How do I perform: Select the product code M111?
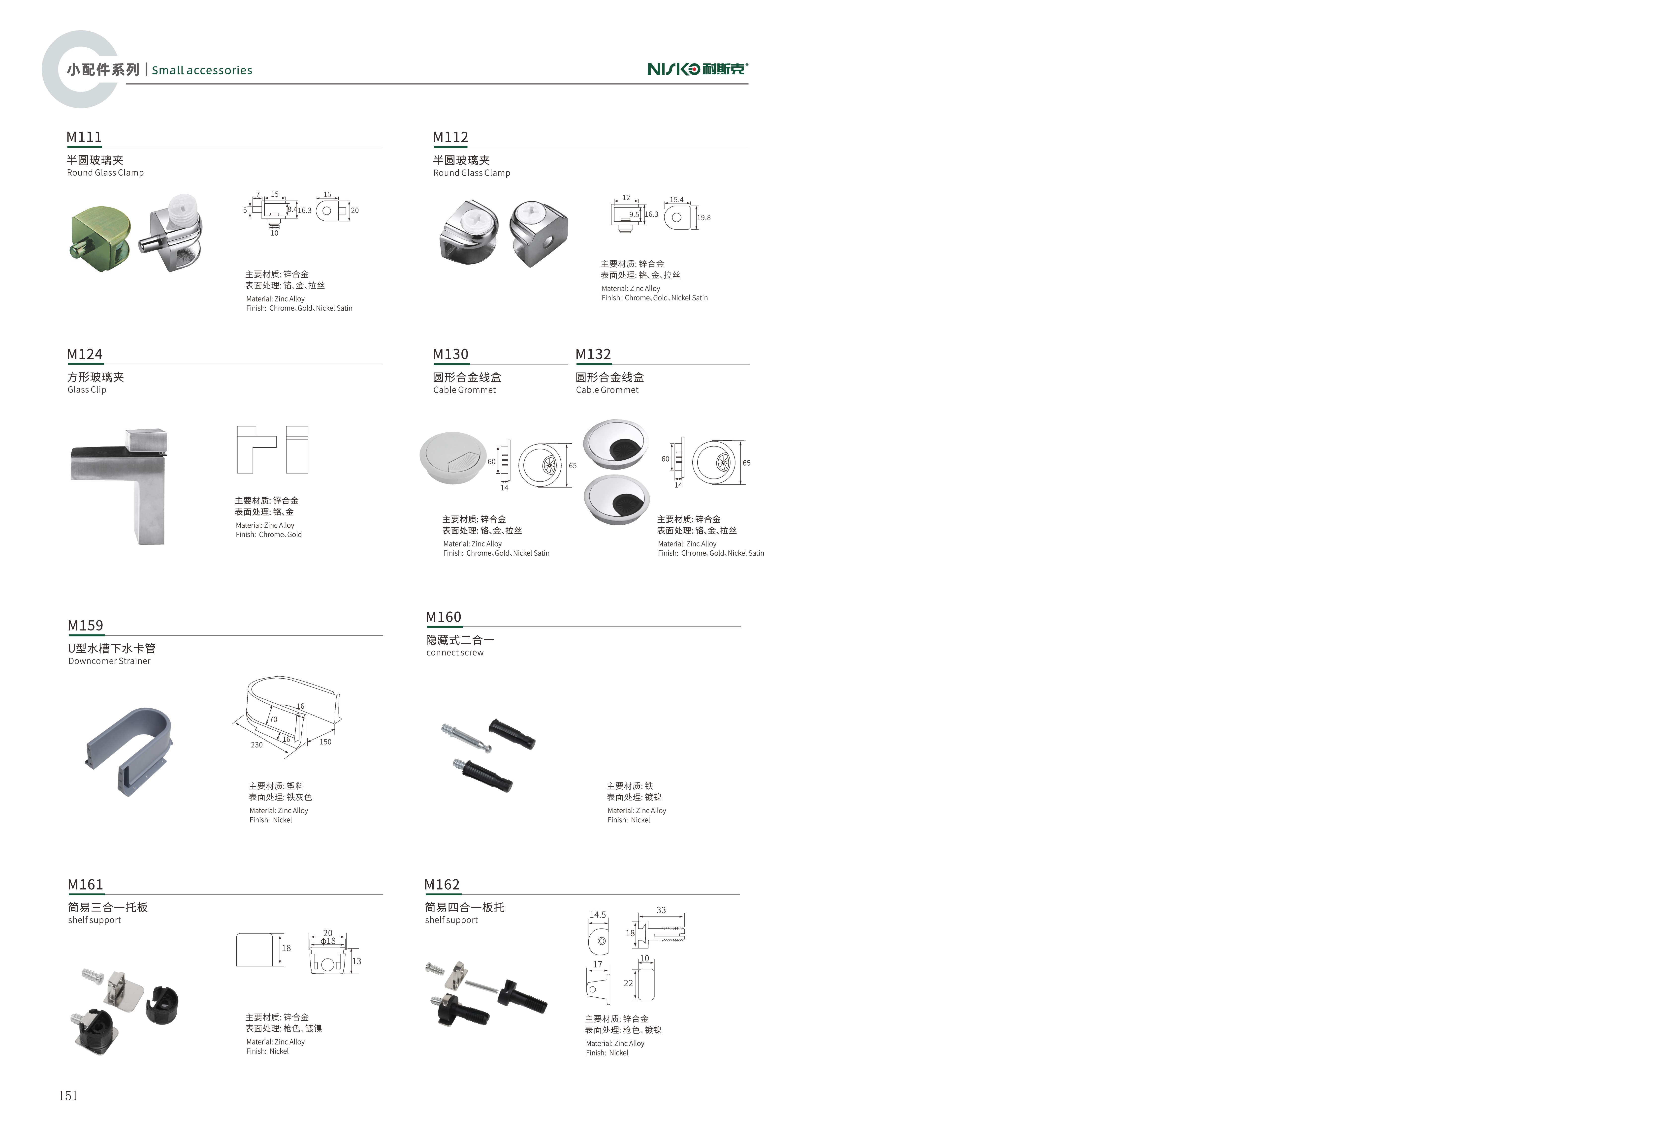84,137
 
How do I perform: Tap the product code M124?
85,354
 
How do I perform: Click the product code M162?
442,885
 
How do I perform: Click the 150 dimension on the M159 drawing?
325,742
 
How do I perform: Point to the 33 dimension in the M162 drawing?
661,911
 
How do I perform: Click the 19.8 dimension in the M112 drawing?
704,218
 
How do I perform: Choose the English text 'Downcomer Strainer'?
110,661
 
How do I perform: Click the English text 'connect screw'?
455,653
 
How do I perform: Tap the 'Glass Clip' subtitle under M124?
87,390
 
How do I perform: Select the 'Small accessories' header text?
202,70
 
